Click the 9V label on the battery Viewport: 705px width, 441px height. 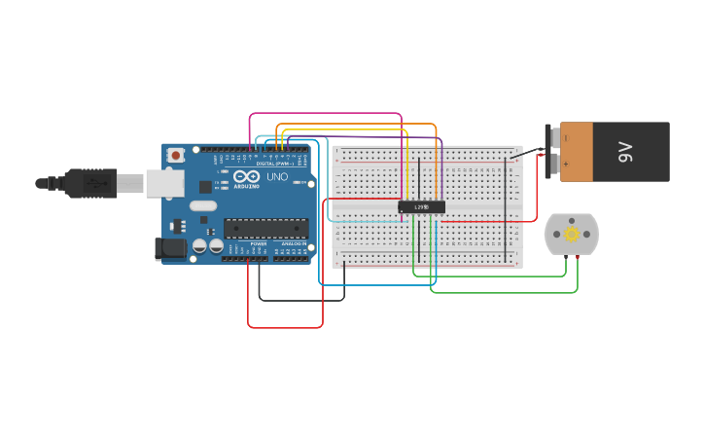626,152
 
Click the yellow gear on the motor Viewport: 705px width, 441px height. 571,234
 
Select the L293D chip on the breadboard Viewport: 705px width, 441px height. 421,206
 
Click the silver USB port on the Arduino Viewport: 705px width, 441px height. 164,182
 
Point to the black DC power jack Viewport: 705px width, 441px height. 171,248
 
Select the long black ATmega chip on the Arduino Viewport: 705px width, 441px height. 265,228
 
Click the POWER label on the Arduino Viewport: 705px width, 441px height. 258,243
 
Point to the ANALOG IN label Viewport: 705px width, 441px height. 293,243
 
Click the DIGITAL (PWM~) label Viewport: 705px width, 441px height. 274,164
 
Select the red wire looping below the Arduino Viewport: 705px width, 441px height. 285,327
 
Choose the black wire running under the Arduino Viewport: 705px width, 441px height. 301,300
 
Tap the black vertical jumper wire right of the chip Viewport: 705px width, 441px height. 506,209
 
